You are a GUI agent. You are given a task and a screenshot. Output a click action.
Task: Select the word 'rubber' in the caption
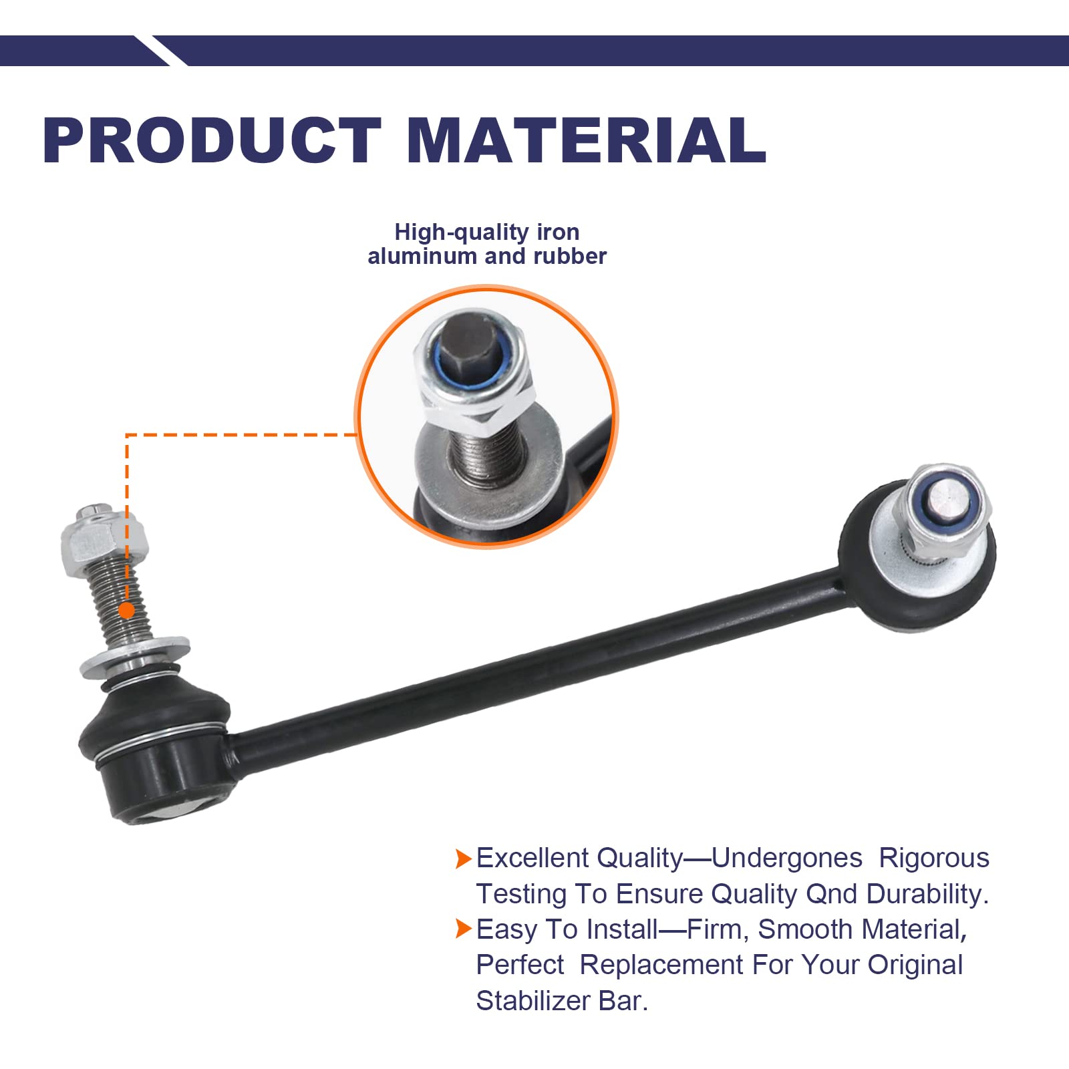point(570,256)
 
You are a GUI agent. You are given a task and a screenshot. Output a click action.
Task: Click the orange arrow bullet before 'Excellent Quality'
point(463,859)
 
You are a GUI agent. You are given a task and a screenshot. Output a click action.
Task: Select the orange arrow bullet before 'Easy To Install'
point(463,929)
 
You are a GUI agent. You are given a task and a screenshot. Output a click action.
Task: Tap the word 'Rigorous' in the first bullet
point(933,858)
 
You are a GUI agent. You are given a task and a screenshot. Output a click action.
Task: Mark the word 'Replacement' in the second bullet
point(661,965)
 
